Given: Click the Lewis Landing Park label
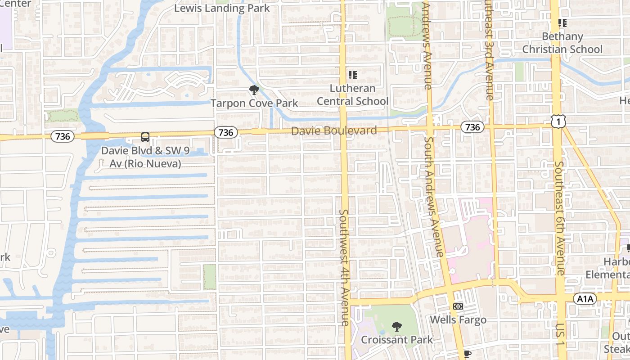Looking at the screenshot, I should pos(222,8).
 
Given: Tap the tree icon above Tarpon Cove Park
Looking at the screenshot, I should pos(254,90).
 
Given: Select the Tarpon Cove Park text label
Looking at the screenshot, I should pos(254,103).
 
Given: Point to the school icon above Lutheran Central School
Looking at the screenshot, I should pos(352,75).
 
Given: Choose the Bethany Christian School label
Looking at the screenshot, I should pos(562,43).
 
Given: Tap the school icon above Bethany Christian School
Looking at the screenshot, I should pos(562,22).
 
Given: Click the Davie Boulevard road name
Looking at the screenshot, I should pos(334,131).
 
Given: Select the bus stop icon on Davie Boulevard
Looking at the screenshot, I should pos(145,137).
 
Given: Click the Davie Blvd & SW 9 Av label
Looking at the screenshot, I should pos(145,157).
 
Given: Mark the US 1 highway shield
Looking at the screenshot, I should pos(558,121).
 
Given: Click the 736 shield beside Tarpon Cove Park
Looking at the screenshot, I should pos(226,132).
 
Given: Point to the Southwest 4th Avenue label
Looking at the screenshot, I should pos(344,267).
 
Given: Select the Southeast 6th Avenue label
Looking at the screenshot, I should pos(559,218).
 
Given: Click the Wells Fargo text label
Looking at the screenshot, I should pos(458,320).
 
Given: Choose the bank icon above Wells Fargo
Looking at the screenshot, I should pos(458,306).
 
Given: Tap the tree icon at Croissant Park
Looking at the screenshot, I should pos(396,326).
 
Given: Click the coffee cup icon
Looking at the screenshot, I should pos(468,354).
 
